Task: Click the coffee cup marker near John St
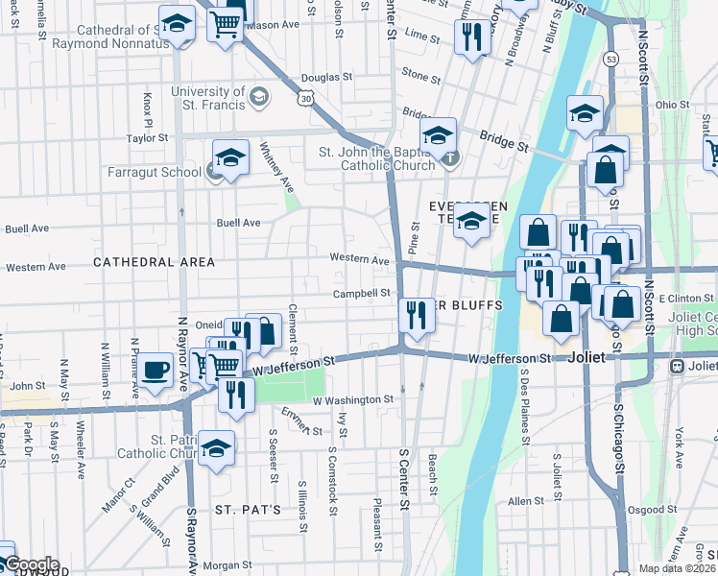point(155,371)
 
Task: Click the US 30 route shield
point(305,98)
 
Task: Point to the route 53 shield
point(610,60)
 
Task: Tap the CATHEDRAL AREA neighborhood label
point(147,261)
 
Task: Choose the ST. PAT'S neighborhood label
point(248,509)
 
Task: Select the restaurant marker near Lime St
point(470,36)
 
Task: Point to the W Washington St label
point(352,398)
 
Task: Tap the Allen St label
point(526,501)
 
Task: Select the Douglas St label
point(321,77)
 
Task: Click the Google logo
point(31,564)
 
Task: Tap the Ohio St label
point(672,104)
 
